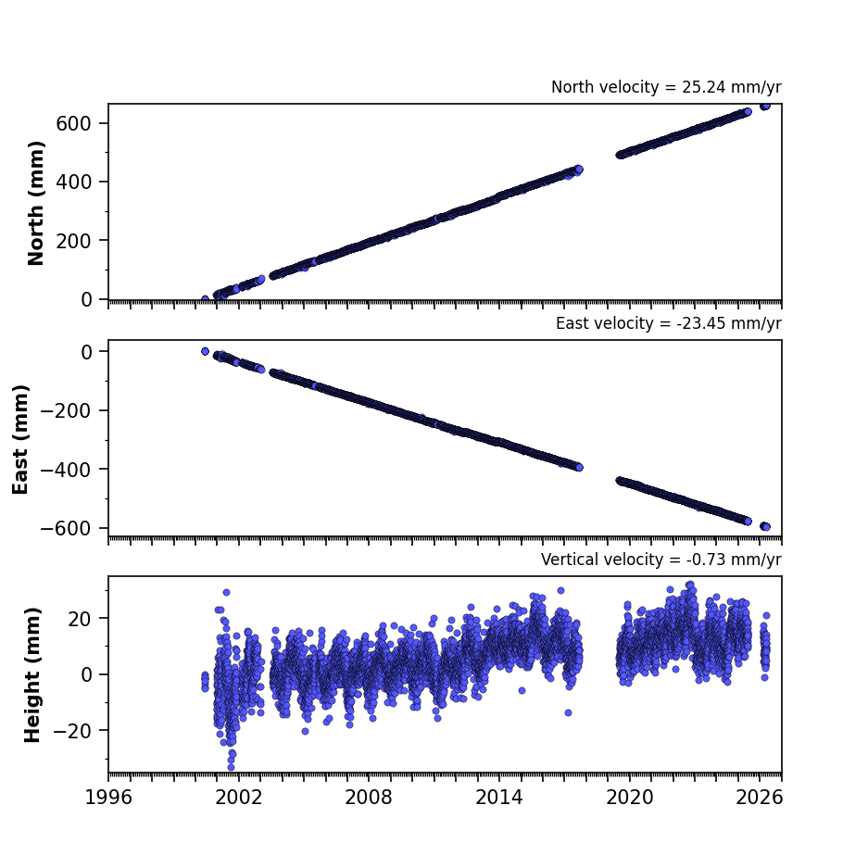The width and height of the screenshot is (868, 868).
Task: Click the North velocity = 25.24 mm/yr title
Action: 666,87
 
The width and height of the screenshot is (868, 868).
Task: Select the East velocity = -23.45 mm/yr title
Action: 669,323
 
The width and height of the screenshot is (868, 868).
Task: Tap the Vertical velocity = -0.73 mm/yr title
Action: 661,560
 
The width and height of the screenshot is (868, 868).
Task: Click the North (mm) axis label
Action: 35,203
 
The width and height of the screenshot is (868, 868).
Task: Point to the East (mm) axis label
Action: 20,439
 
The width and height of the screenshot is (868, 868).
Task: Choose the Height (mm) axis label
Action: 32,674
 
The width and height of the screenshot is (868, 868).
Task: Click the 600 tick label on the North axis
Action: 73,123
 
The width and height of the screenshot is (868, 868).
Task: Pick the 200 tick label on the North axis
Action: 73,241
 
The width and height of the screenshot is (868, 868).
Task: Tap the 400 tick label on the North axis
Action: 73,182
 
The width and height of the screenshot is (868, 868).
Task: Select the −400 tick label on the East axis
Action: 66,470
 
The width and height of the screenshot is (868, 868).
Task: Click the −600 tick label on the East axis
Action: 66,529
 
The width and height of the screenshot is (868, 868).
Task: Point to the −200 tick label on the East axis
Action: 66,410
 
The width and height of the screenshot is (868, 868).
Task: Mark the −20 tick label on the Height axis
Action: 72,731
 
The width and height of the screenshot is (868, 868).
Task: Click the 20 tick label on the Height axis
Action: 79,619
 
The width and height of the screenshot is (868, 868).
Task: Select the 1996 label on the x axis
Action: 108,798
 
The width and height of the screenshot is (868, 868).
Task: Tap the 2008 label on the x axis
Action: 369,798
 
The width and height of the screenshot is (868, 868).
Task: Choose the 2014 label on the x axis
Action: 499,798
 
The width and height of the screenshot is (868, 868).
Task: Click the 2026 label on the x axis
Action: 760,798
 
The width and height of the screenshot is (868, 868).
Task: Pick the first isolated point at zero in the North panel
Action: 205,299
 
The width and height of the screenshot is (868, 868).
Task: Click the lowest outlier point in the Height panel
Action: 231,767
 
